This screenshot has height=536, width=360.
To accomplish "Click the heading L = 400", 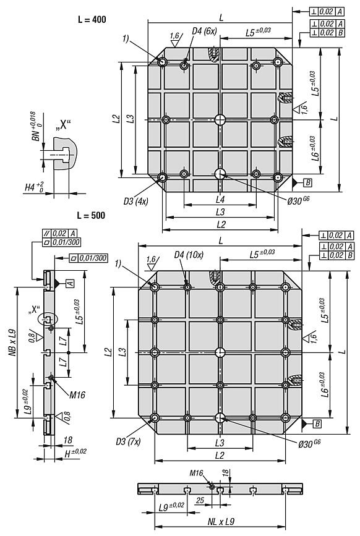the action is coord(92,19).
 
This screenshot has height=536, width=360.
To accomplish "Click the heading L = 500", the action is coord(91,215).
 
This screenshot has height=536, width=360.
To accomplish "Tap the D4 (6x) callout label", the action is coord(204,31).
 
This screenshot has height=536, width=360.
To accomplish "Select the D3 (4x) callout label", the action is coord(135,202).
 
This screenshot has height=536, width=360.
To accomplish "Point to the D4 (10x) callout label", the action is coord(189,255).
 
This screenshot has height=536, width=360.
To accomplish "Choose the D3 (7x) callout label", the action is coord(128,441).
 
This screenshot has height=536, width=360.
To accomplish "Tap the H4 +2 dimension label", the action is coord(34,187).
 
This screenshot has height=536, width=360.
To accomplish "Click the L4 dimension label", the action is coord(220,199).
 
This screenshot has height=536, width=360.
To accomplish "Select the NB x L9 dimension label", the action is coord(12,343).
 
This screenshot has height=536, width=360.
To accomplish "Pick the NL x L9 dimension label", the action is coord(221,522).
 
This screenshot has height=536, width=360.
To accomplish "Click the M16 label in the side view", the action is coord(77,395).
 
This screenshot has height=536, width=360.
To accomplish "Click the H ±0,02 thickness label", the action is coord(75,453).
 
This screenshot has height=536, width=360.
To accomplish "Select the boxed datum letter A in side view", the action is coord(70,283).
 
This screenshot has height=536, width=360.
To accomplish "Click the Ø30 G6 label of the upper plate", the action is coord(299,201).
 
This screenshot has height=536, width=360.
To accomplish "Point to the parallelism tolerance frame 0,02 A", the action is coord(60,234).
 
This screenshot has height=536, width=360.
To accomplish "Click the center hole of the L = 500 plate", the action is coord(220,352).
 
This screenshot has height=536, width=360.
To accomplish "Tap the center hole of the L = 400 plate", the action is coord(220,120).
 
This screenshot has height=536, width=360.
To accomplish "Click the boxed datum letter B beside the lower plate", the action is coord(317,424).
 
